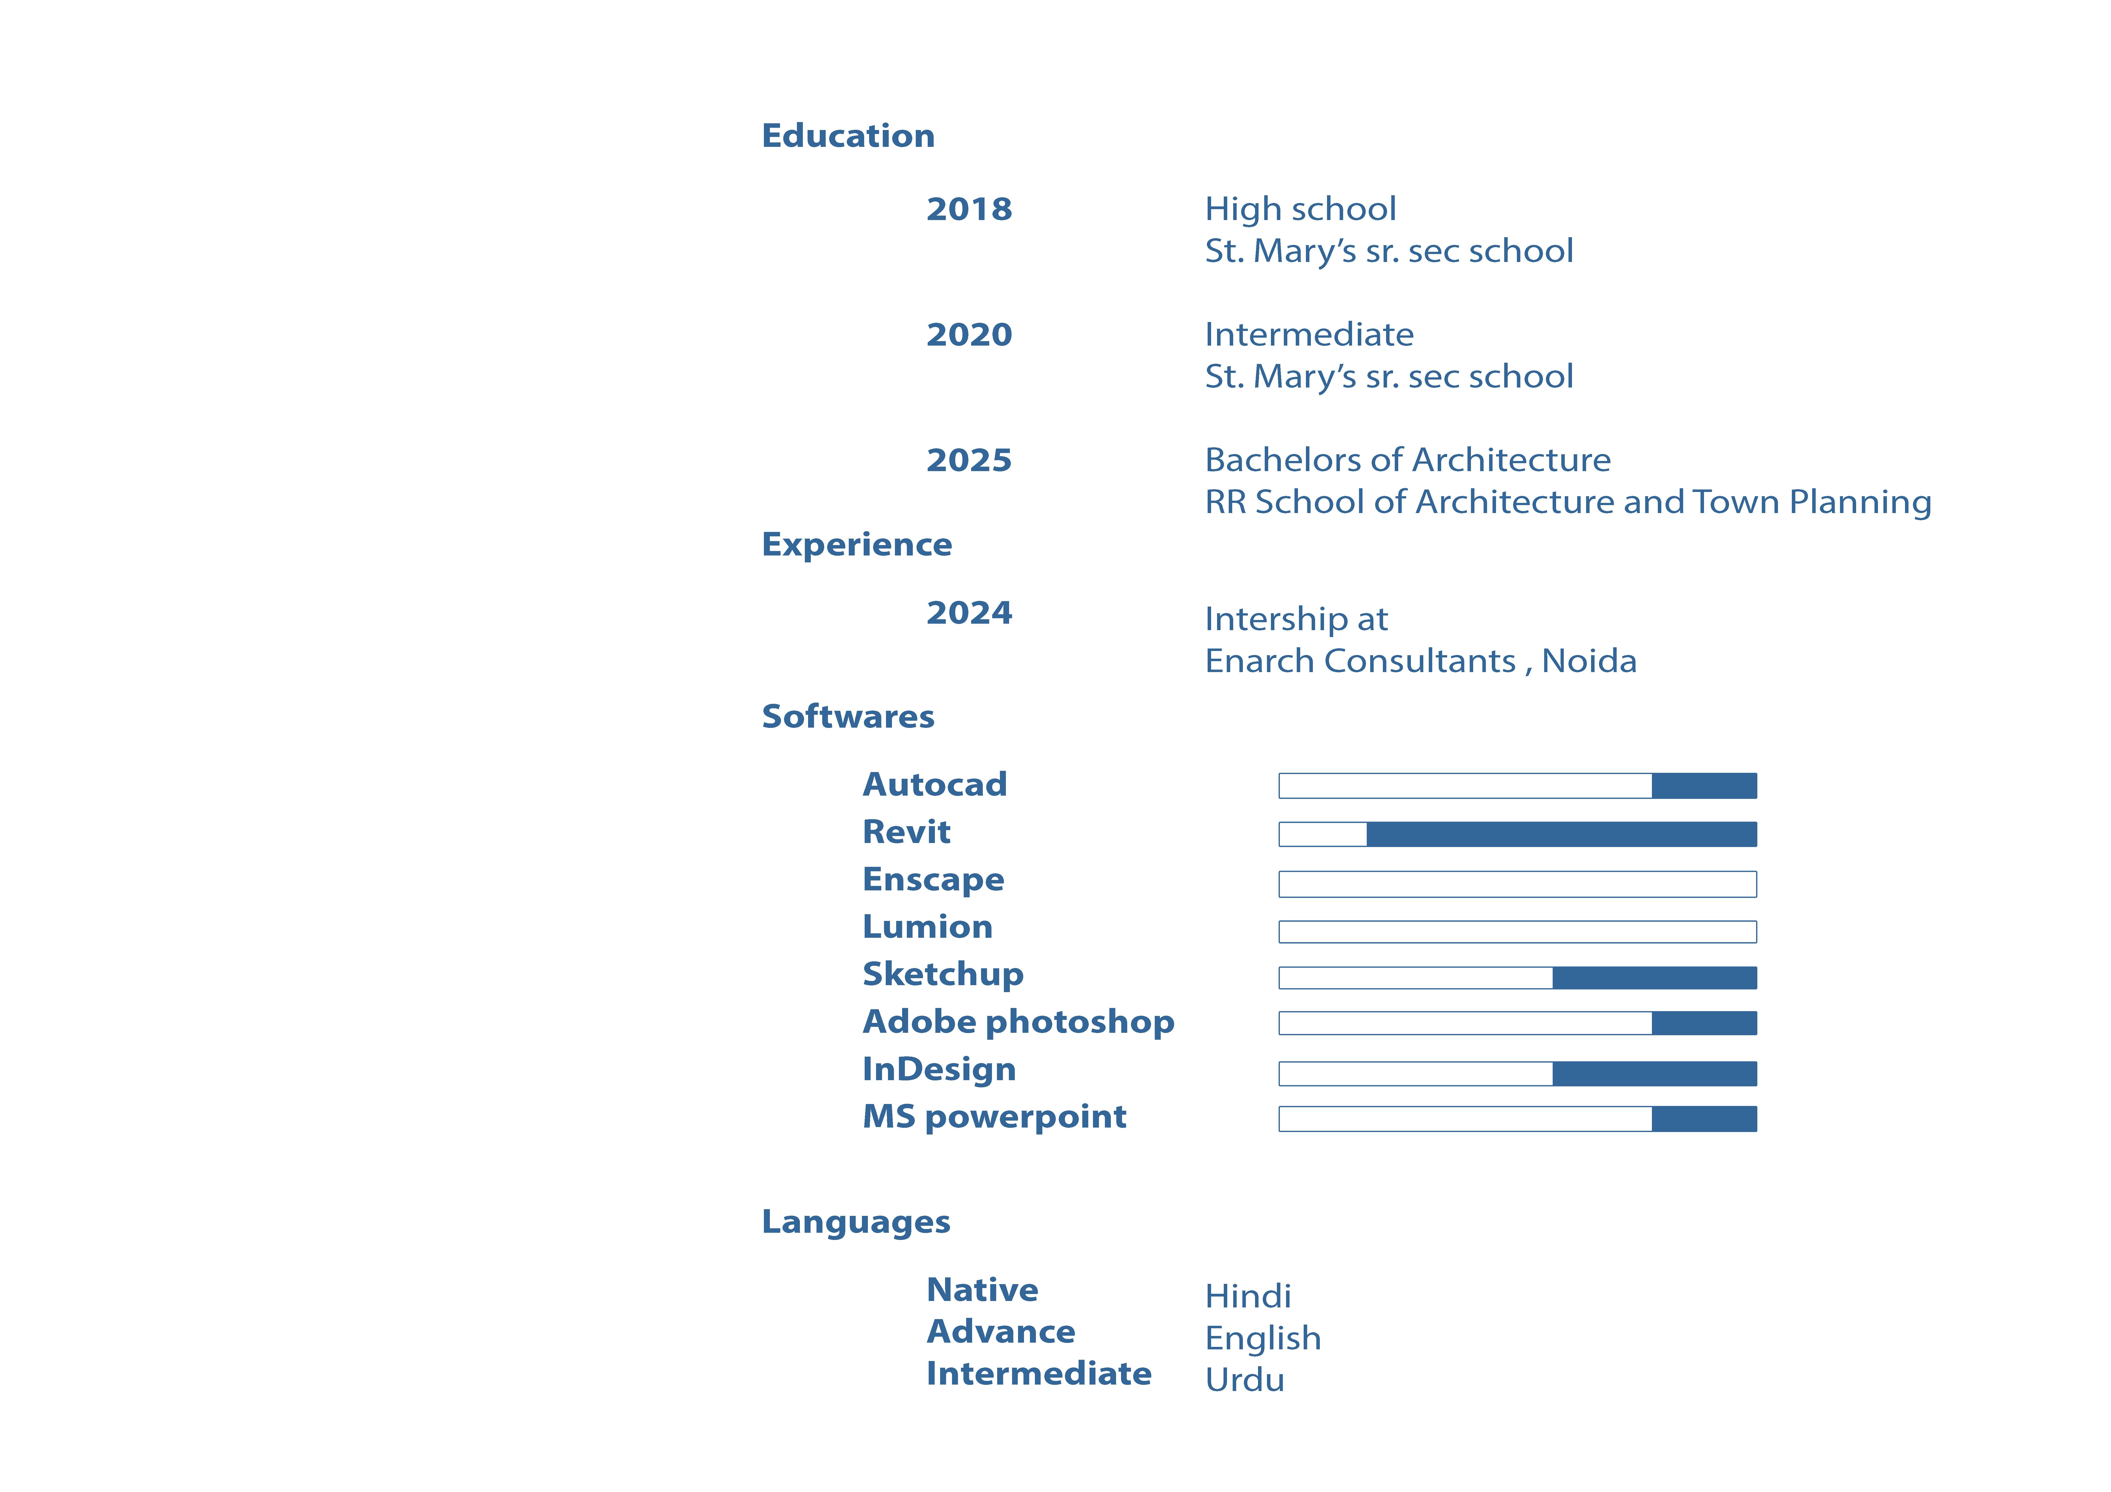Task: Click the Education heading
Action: [848, 136]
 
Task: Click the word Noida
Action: [1589, 661]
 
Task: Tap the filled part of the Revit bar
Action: [1561, 834]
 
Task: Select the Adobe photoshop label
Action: [1018, 1022]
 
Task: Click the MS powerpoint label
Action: [994, 1117]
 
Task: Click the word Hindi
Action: [1248, 1296]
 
